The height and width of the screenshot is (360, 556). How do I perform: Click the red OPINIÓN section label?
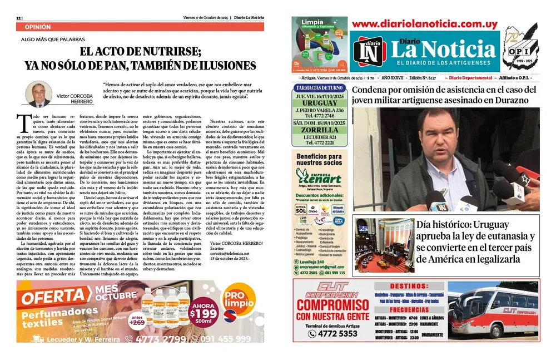coord(38,27)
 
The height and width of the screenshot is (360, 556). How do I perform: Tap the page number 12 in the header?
coord(19,17)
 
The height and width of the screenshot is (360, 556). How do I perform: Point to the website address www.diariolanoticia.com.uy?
coord(424,24)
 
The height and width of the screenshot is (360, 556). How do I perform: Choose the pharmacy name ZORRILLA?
coord(320,129)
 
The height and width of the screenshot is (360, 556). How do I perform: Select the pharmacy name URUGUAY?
coord(320,103)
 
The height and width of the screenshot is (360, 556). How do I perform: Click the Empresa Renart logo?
coord(319,176)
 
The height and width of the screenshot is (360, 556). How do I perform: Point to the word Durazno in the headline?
coord(517,100)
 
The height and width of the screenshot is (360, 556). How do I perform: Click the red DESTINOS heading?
coord(408,285)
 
